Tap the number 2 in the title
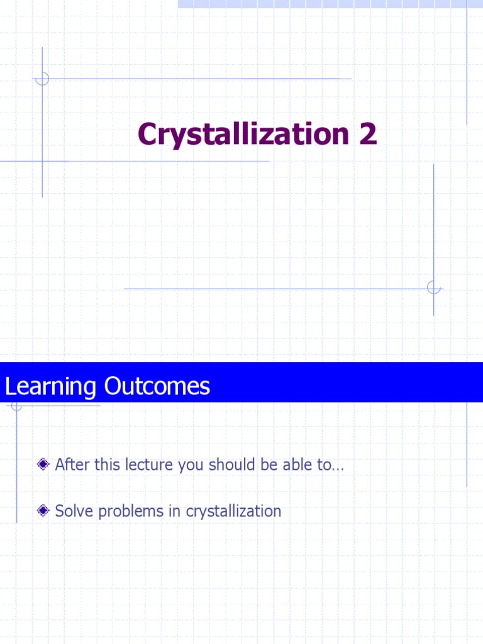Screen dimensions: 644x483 coord(368,134)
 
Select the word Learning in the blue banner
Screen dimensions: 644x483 coord(50,386)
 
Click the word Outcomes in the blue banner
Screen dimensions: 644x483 coord(157,386)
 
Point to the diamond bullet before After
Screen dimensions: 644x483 coord(43,465)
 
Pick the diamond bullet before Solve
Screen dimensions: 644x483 coord(43,511)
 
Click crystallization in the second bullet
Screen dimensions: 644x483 coord(233,511)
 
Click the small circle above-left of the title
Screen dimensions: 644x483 coord(42,79)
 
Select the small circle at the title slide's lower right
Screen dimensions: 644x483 coord(433,288)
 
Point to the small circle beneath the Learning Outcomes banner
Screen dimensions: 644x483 coord(16,406)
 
